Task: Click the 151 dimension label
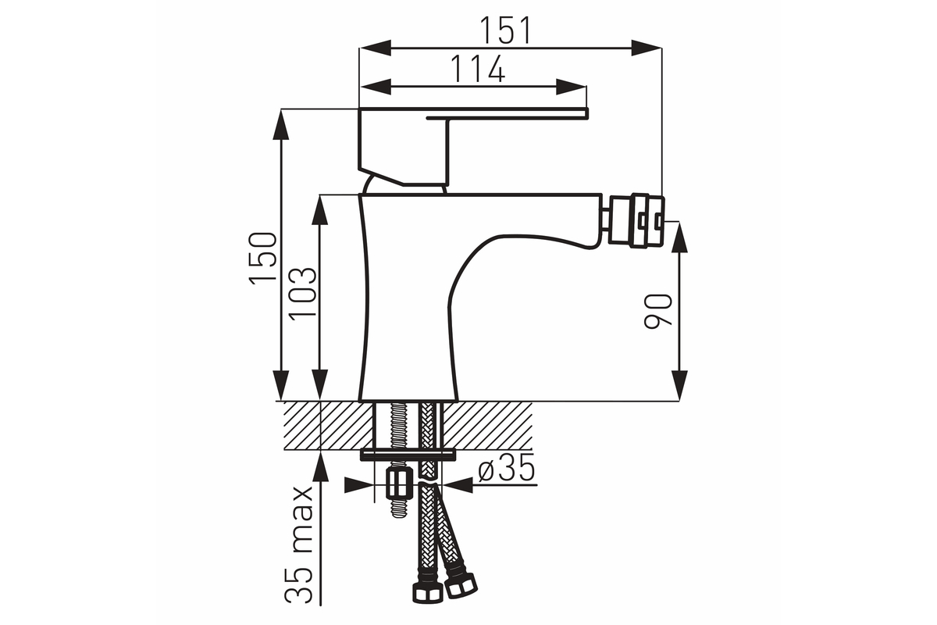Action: [505, 30]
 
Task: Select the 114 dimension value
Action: [478, 69]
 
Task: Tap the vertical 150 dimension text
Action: [263, 259]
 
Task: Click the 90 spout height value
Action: [658, 312]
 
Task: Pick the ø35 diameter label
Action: [507, 467]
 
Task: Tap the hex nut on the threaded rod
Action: [397, 484]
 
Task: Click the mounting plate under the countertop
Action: [408, 455]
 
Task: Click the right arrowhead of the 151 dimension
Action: [647, 48]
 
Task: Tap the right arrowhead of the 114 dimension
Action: [571, 87]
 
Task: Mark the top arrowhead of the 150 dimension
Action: [281, 124]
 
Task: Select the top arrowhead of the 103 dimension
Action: [320, 210]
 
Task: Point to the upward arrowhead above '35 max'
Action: [320, 468]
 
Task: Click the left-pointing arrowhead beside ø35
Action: [458, 486]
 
